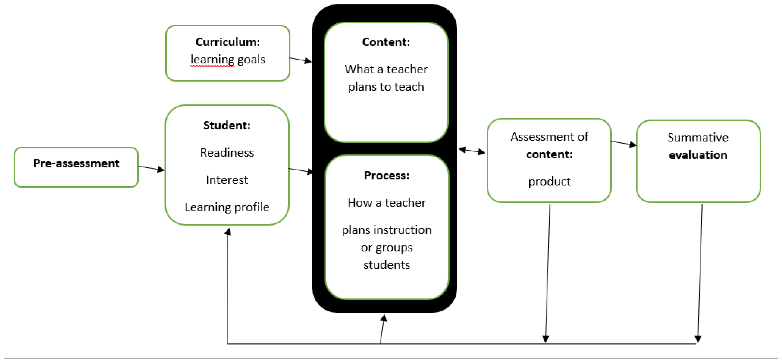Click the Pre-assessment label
(76, 164)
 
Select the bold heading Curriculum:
(228, 42)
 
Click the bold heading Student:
(227, 125)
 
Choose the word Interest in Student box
(227, 180)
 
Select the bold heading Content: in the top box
(386, 42)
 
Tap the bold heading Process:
(386, 176)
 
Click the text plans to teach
(386, 87)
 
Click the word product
(549, 181)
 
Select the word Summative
(698, 137)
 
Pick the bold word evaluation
(698, 155)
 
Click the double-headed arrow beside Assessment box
(472, 151)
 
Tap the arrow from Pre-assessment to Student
(151, 168)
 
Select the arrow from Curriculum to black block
(300, 60)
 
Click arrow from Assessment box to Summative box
(623, 143)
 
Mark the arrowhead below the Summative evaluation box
(698, 338)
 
